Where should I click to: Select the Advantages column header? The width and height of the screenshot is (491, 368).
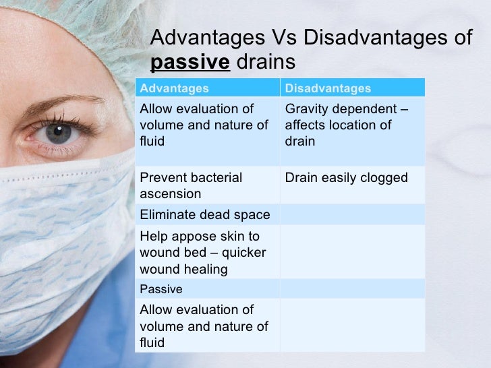tap(174, 88)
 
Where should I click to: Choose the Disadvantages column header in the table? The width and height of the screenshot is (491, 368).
tap(328, 88)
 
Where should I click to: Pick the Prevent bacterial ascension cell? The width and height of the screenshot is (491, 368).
tap(190, 185)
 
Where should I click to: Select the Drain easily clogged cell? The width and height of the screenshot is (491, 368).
tap(347, 178)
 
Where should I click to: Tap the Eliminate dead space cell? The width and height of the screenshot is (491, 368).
tap(204, 215)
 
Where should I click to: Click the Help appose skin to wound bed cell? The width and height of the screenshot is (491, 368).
tap(203, 253)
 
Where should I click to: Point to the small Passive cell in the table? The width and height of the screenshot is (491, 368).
tap(161, 289)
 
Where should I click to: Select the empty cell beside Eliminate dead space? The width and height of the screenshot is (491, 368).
tap(352, 215)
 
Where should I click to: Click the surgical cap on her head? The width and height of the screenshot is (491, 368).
tap(67, 34)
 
